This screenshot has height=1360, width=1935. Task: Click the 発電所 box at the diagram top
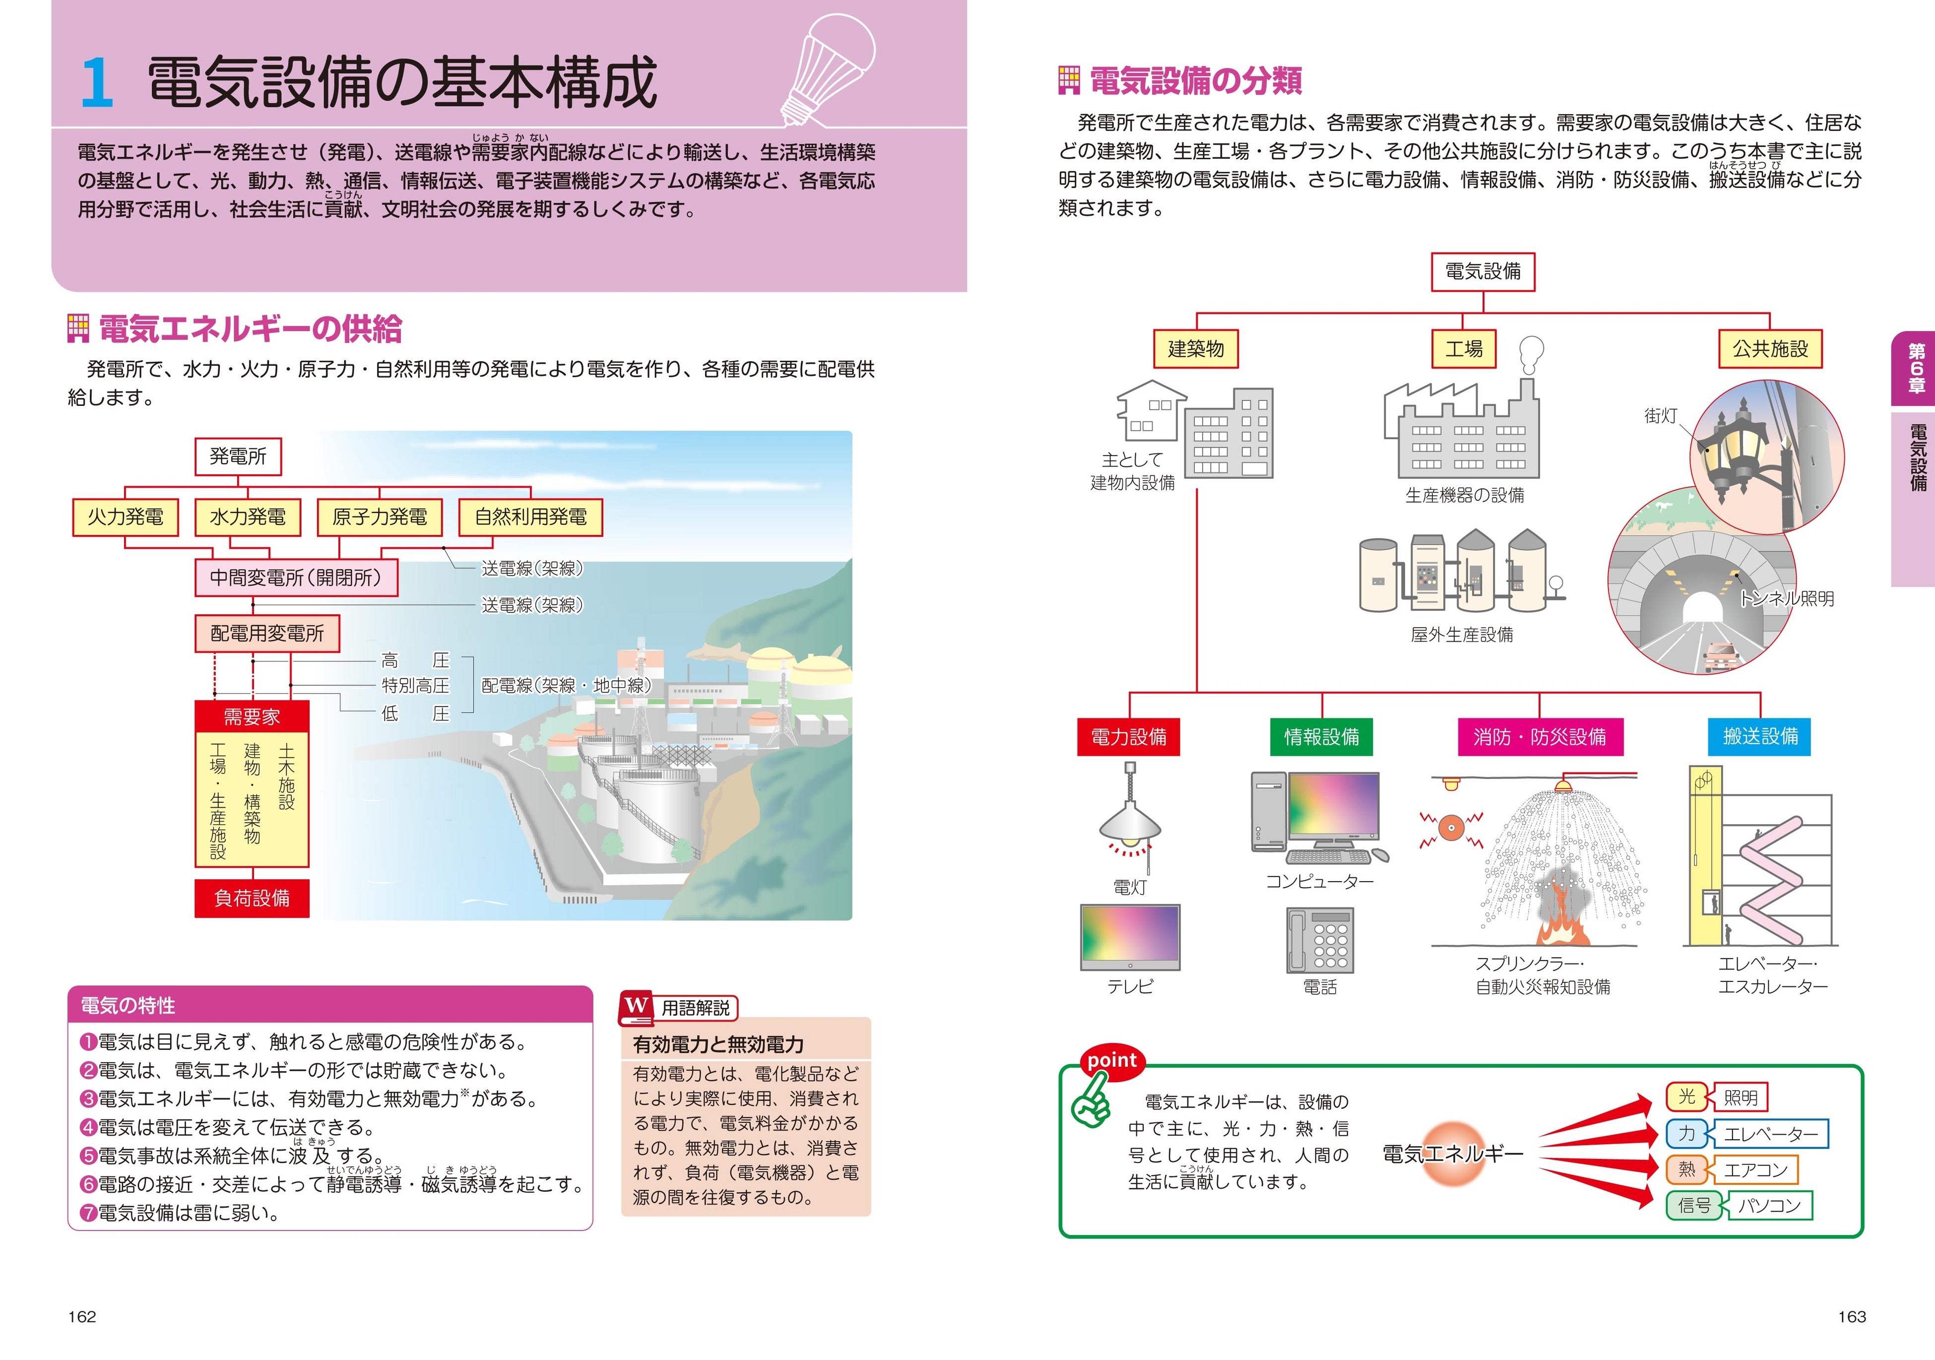pos(238,456)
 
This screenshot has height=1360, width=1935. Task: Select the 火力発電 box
pos(126,517)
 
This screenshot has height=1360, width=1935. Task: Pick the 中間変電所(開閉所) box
pos(296,578)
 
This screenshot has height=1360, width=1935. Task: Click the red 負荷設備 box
pos(252,898)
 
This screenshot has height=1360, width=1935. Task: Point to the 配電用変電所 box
pos(267,634)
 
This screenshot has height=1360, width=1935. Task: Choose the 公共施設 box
pos(1770,349)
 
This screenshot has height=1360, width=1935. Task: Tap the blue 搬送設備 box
pos(1760,736)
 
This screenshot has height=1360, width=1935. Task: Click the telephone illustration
pos(1320,940)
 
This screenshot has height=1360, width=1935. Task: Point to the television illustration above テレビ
pos(1130,937)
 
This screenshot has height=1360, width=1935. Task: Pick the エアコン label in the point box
pos(1755,1169)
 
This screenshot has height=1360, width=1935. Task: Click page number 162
pos(82,1317)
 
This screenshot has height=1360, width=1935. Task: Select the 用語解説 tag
pos(695,1008)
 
